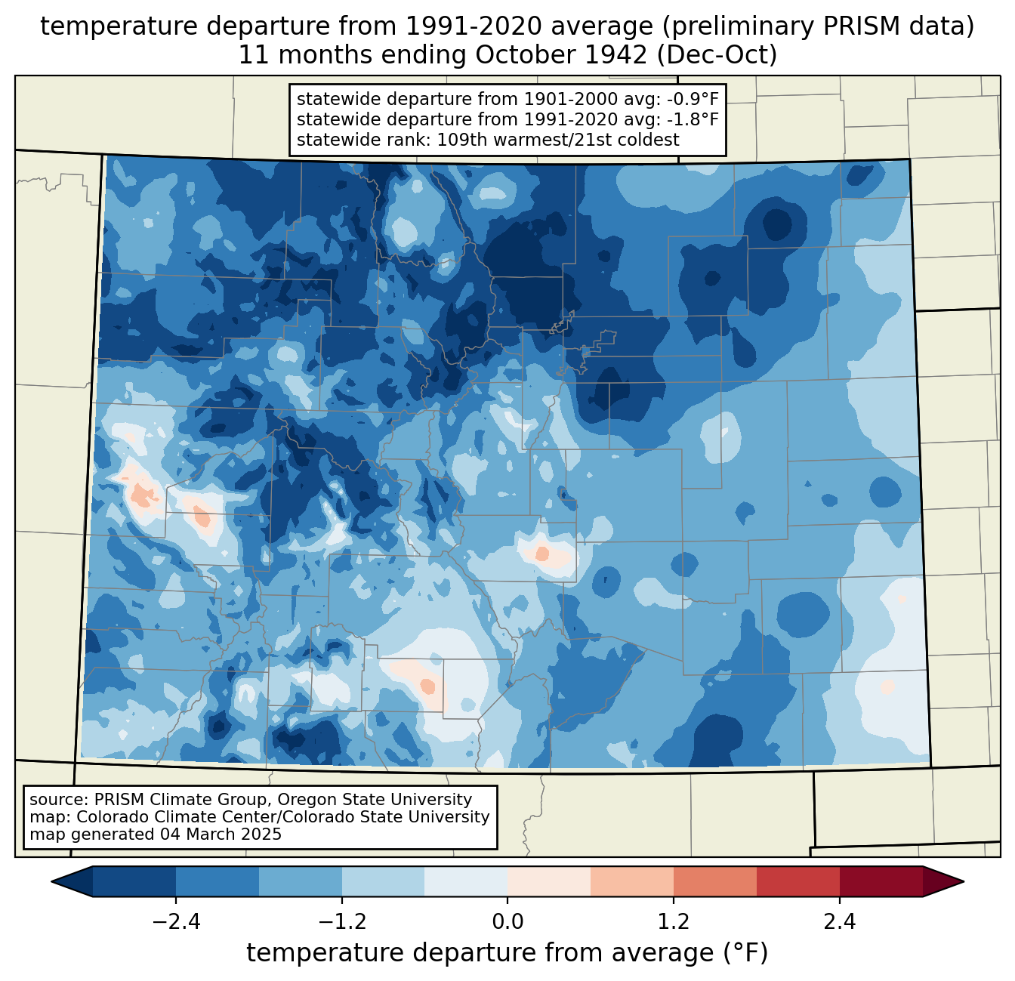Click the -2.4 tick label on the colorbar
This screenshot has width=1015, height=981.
pos(176,922)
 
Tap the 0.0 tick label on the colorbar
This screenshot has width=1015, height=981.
pos(507,922)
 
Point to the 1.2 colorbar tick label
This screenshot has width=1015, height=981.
pos(674,922)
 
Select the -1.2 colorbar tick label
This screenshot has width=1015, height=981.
pos(341,922)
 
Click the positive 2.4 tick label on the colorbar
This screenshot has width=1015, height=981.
pos(840,922)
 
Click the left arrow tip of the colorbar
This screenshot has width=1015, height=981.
pos(51,882)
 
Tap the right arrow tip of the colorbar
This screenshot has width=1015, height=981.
pos(964,882)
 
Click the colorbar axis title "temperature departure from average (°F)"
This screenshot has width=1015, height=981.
pos(507,953)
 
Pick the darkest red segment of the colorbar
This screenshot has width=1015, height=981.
pos(881,882)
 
